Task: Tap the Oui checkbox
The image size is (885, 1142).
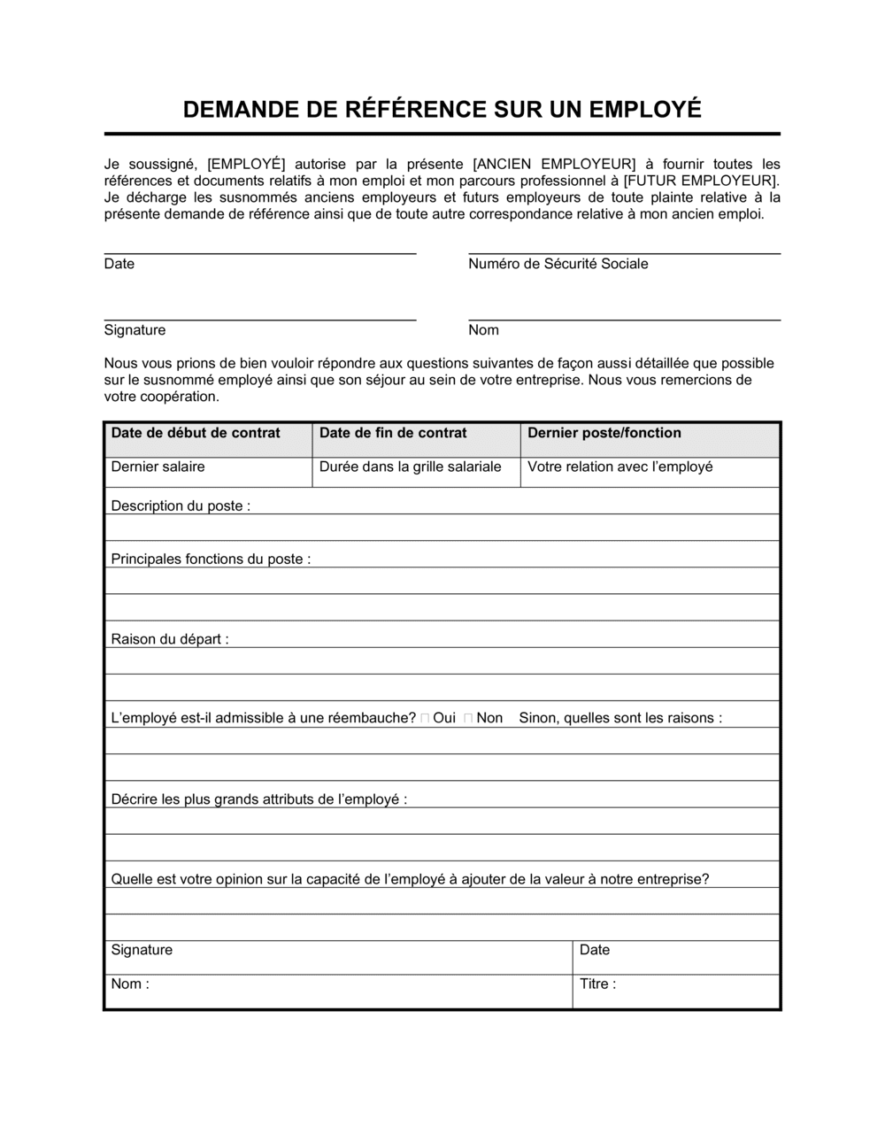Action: [426, 719]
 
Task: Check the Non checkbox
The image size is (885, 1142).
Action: [468, 719]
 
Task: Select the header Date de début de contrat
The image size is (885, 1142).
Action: [195, 433]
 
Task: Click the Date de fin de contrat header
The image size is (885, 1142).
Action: [392, 433]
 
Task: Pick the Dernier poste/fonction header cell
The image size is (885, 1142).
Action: [604, 433]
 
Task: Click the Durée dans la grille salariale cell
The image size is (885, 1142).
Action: [410, 467]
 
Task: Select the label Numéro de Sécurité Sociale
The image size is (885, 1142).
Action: [558, 264]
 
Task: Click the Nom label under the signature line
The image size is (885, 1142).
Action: [483, 330]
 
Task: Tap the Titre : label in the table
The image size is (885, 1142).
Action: [597, 984]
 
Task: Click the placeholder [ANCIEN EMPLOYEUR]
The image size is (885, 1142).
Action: [555, 164]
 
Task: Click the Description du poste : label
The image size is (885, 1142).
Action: [180, 506]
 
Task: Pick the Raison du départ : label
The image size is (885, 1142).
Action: [169, 639]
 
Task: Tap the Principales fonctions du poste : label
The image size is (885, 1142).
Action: [211, 559]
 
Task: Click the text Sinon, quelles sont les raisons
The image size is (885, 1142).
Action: [619, 718]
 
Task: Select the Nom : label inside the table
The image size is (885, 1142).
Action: [129, 984]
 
